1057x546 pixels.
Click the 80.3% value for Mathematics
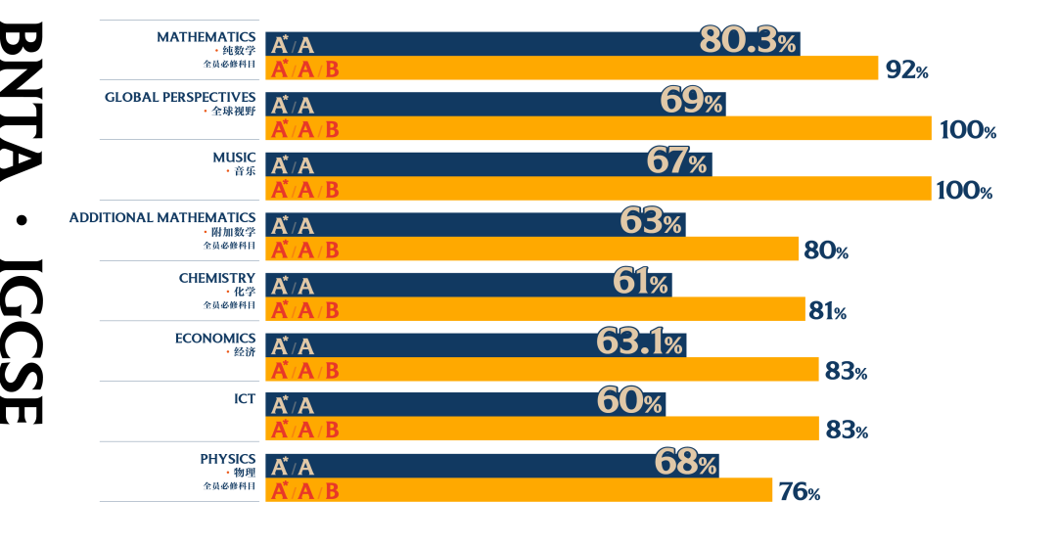[x=749, y=41]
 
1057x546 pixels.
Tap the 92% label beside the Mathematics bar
[x=906, y=69]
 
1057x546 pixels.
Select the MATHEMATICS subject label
[x=206, y=37]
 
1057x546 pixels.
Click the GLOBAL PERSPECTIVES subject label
[x=180, y=97]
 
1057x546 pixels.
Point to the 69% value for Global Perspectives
[x=691, y=101]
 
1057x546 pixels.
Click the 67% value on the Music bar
[x=676, y=161]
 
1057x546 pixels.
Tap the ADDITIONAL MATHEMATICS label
[x=162, y=217]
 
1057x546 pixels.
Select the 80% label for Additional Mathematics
[x=825, y=250]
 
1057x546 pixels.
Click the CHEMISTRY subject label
[x=216, y=278]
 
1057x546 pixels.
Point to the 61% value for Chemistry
[x=641, y=283]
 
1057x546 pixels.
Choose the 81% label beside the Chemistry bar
[x=827, y=311]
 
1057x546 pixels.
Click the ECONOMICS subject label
[x=215, y=339]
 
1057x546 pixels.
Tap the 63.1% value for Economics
[x=639, y=342]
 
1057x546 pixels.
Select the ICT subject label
[x=245, y=399]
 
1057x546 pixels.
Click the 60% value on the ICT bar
[x=629, y=401]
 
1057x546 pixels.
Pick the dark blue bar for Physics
[x=489, y=466]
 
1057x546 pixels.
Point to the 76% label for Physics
[x=799, y=491]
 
